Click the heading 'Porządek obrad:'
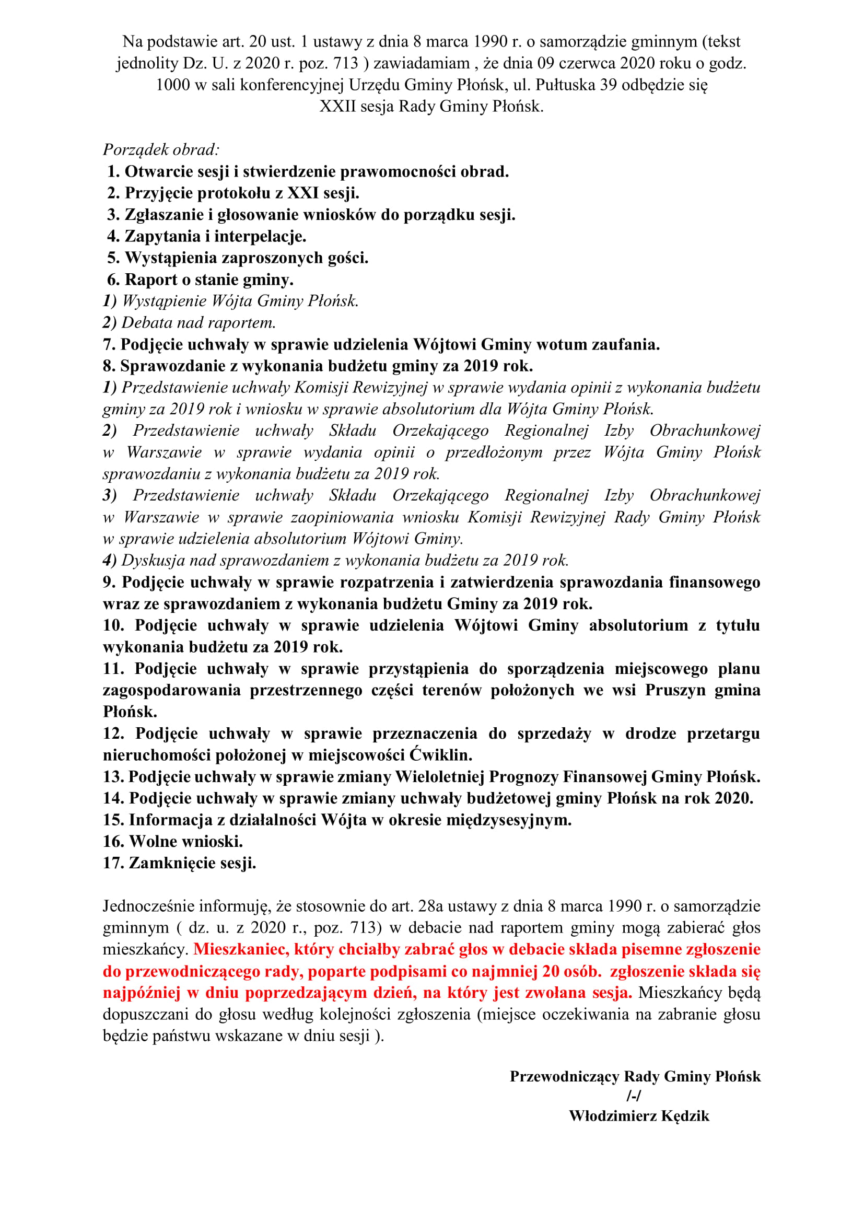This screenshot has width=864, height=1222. (161, 149)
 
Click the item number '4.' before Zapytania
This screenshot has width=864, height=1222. (113, 236)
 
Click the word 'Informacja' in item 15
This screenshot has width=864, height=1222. (170, 820)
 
